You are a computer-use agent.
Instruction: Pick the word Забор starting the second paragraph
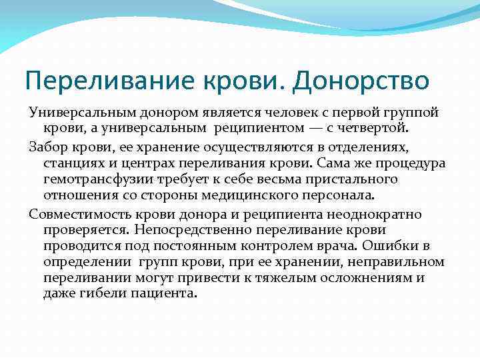tap(48, 146)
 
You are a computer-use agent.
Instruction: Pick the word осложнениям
tap(369, 277)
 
